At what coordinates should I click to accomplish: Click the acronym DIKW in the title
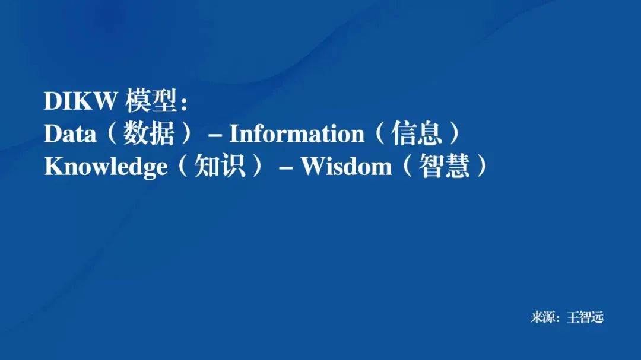[x=81, y=101]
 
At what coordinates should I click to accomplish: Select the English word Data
[x=69, y=134]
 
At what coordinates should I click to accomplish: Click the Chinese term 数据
[x=149, y=134]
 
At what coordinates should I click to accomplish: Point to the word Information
[x=297, y=134]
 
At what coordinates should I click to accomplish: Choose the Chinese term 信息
[x=417, y=134]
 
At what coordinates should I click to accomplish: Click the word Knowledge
[x=106, y=167]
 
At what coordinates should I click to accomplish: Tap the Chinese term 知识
[x=220, y=167]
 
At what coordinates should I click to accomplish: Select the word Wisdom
[x=346, y=167]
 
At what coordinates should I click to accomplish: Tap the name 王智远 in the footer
[x=585, y=317]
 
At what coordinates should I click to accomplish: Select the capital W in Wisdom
[x=313, y=167]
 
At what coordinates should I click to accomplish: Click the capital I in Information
[x=234, y=134]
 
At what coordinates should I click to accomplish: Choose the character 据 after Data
[x=162, y=134]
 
